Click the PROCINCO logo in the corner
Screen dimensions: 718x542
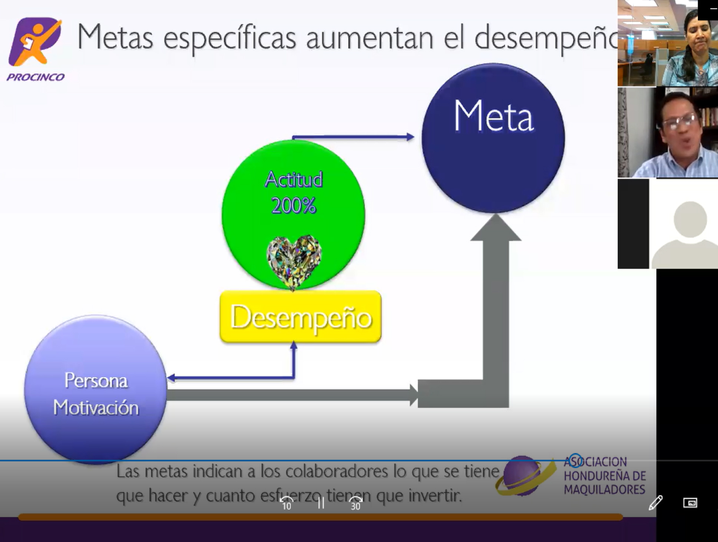pyautogui.click(x=35, y=49)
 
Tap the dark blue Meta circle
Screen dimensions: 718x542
pyautogui.click(x=493, y=138)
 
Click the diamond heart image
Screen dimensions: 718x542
pyautogui.click(x=294, y=262)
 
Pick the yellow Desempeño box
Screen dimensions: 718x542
pyautogui.click(x=301, y=316)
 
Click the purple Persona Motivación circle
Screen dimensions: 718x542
pyautogui.click(x=96, y=389)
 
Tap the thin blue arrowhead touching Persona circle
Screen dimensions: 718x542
pyautogui.click(x=171, y=378)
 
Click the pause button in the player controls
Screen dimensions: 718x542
pyautogui.click(x=321, y=503)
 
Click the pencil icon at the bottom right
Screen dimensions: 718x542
pyautogui.click(x=655, y=503)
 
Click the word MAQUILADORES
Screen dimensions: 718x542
pyautogui.click(x=605, y=489)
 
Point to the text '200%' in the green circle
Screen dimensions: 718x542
pyautogui.click(x=294, y=205)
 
